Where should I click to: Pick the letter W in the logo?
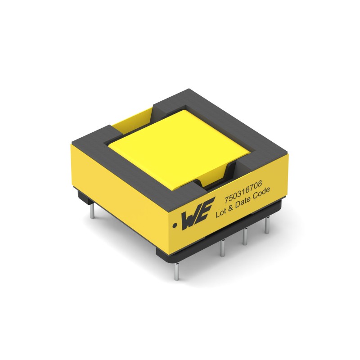190,220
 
